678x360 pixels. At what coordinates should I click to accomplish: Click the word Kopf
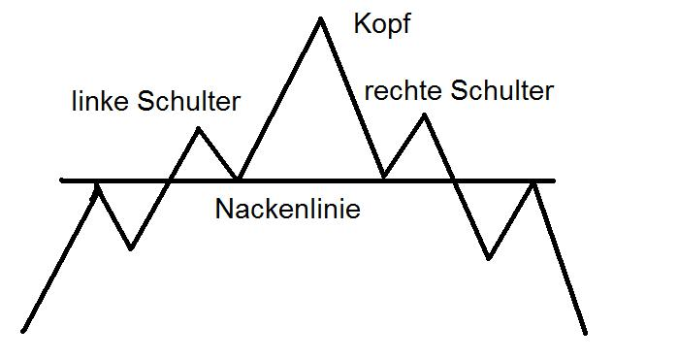tap(381, 24)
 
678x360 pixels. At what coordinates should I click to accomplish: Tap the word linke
tap(102, 101)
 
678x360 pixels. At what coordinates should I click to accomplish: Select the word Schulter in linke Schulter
tap(188, 101)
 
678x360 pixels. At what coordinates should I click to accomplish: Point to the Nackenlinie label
tap(287, 209)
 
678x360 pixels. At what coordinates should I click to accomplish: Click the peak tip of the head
tap(319, 18)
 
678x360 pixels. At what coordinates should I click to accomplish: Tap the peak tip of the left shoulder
tap(199, 128)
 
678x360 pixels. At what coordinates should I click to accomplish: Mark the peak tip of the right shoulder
tap(425, 115)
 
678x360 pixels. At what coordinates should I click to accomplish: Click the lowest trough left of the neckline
tap(131, 248)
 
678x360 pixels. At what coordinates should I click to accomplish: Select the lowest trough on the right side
tap(489, 258)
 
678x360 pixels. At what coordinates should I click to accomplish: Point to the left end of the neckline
tap(62, 180)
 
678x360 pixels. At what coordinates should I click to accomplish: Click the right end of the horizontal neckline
tap(554, 180)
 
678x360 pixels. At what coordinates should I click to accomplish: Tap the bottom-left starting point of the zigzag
tap(23, 331)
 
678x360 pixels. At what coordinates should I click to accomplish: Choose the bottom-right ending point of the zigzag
tap(586, 333)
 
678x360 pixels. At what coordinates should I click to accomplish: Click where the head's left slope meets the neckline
tap(239, 180)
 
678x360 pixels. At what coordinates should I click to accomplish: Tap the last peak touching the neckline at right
tap(534, 181)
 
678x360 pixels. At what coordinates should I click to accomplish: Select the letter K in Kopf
tap(362, 24)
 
